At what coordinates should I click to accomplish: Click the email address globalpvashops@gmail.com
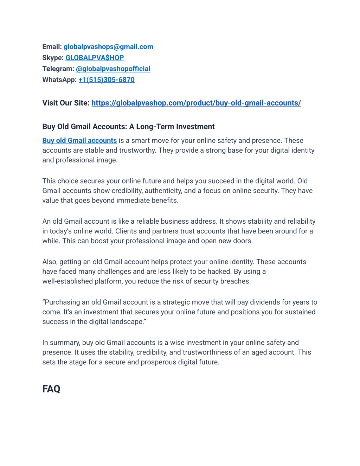[x=108, y=47]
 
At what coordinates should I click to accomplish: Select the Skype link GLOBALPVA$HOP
[x=95, y=58]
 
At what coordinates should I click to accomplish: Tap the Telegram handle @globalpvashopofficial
[x=113, y=69]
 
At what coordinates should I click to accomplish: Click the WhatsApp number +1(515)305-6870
[x=107, y=80]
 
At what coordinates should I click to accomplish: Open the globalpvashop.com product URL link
[x=196, y=103]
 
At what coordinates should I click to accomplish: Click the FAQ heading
[x=51, y=389]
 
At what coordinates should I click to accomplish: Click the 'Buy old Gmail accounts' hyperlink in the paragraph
[x=79, y=141]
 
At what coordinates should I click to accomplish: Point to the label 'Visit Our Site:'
[x=66, y=103]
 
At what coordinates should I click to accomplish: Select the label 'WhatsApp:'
[x=59, y=80]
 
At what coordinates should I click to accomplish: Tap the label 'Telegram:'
[x=58, y=69]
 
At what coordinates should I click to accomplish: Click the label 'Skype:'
[x=53, y=58]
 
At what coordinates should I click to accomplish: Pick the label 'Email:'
[x=52, y=47]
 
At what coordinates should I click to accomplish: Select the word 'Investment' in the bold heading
[x=195, y=127]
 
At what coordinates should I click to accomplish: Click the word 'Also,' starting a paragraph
[x=50, y=262]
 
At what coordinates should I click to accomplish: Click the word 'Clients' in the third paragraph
[x=126, y=231]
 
